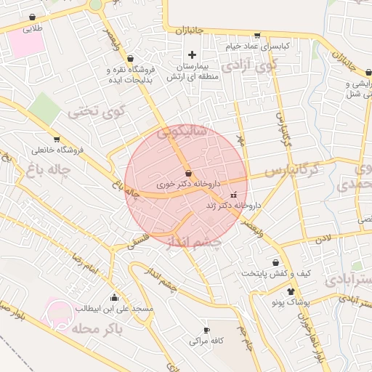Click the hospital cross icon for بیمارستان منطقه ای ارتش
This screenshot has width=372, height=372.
pos(192,54)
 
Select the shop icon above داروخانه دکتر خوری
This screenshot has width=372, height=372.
pos(189,174)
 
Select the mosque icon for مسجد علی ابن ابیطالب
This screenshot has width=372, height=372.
pos(114,297)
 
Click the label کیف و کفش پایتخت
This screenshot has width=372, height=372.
pos(277,273)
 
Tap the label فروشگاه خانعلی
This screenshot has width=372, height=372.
pos(58,150)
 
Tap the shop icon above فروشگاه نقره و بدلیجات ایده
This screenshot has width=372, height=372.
pos(130,58)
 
